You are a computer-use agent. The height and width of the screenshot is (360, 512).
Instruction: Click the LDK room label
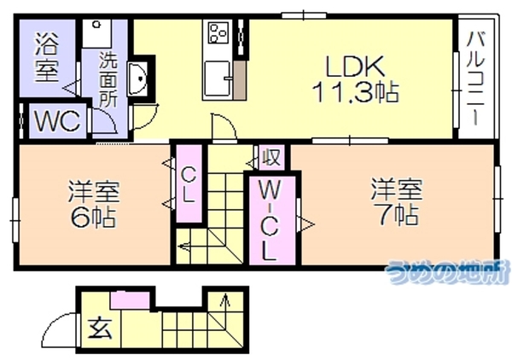[355, 67]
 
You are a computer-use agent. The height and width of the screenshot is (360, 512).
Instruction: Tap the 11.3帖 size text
[356, 92]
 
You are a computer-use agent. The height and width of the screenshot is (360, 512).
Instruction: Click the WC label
[58, 121]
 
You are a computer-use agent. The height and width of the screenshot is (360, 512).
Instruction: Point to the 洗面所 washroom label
[108, 79]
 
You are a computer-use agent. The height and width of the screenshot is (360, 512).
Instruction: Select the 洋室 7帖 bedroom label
[397, 201]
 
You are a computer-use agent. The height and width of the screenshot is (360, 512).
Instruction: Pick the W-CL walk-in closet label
[271, 221]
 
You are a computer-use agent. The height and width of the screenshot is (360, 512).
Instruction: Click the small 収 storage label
[271, 157]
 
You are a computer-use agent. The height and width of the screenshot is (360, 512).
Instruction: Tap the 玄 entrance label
[101, 328]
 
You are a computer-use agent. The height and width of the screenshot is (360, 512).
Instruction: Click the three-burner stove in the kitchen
[218, 32]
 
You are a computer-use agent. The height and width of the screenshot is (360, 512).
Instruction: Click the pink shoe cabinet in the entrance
[130, 300]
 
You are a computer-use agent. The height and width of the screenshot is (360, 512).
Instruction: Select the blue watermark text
[447, 272]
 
